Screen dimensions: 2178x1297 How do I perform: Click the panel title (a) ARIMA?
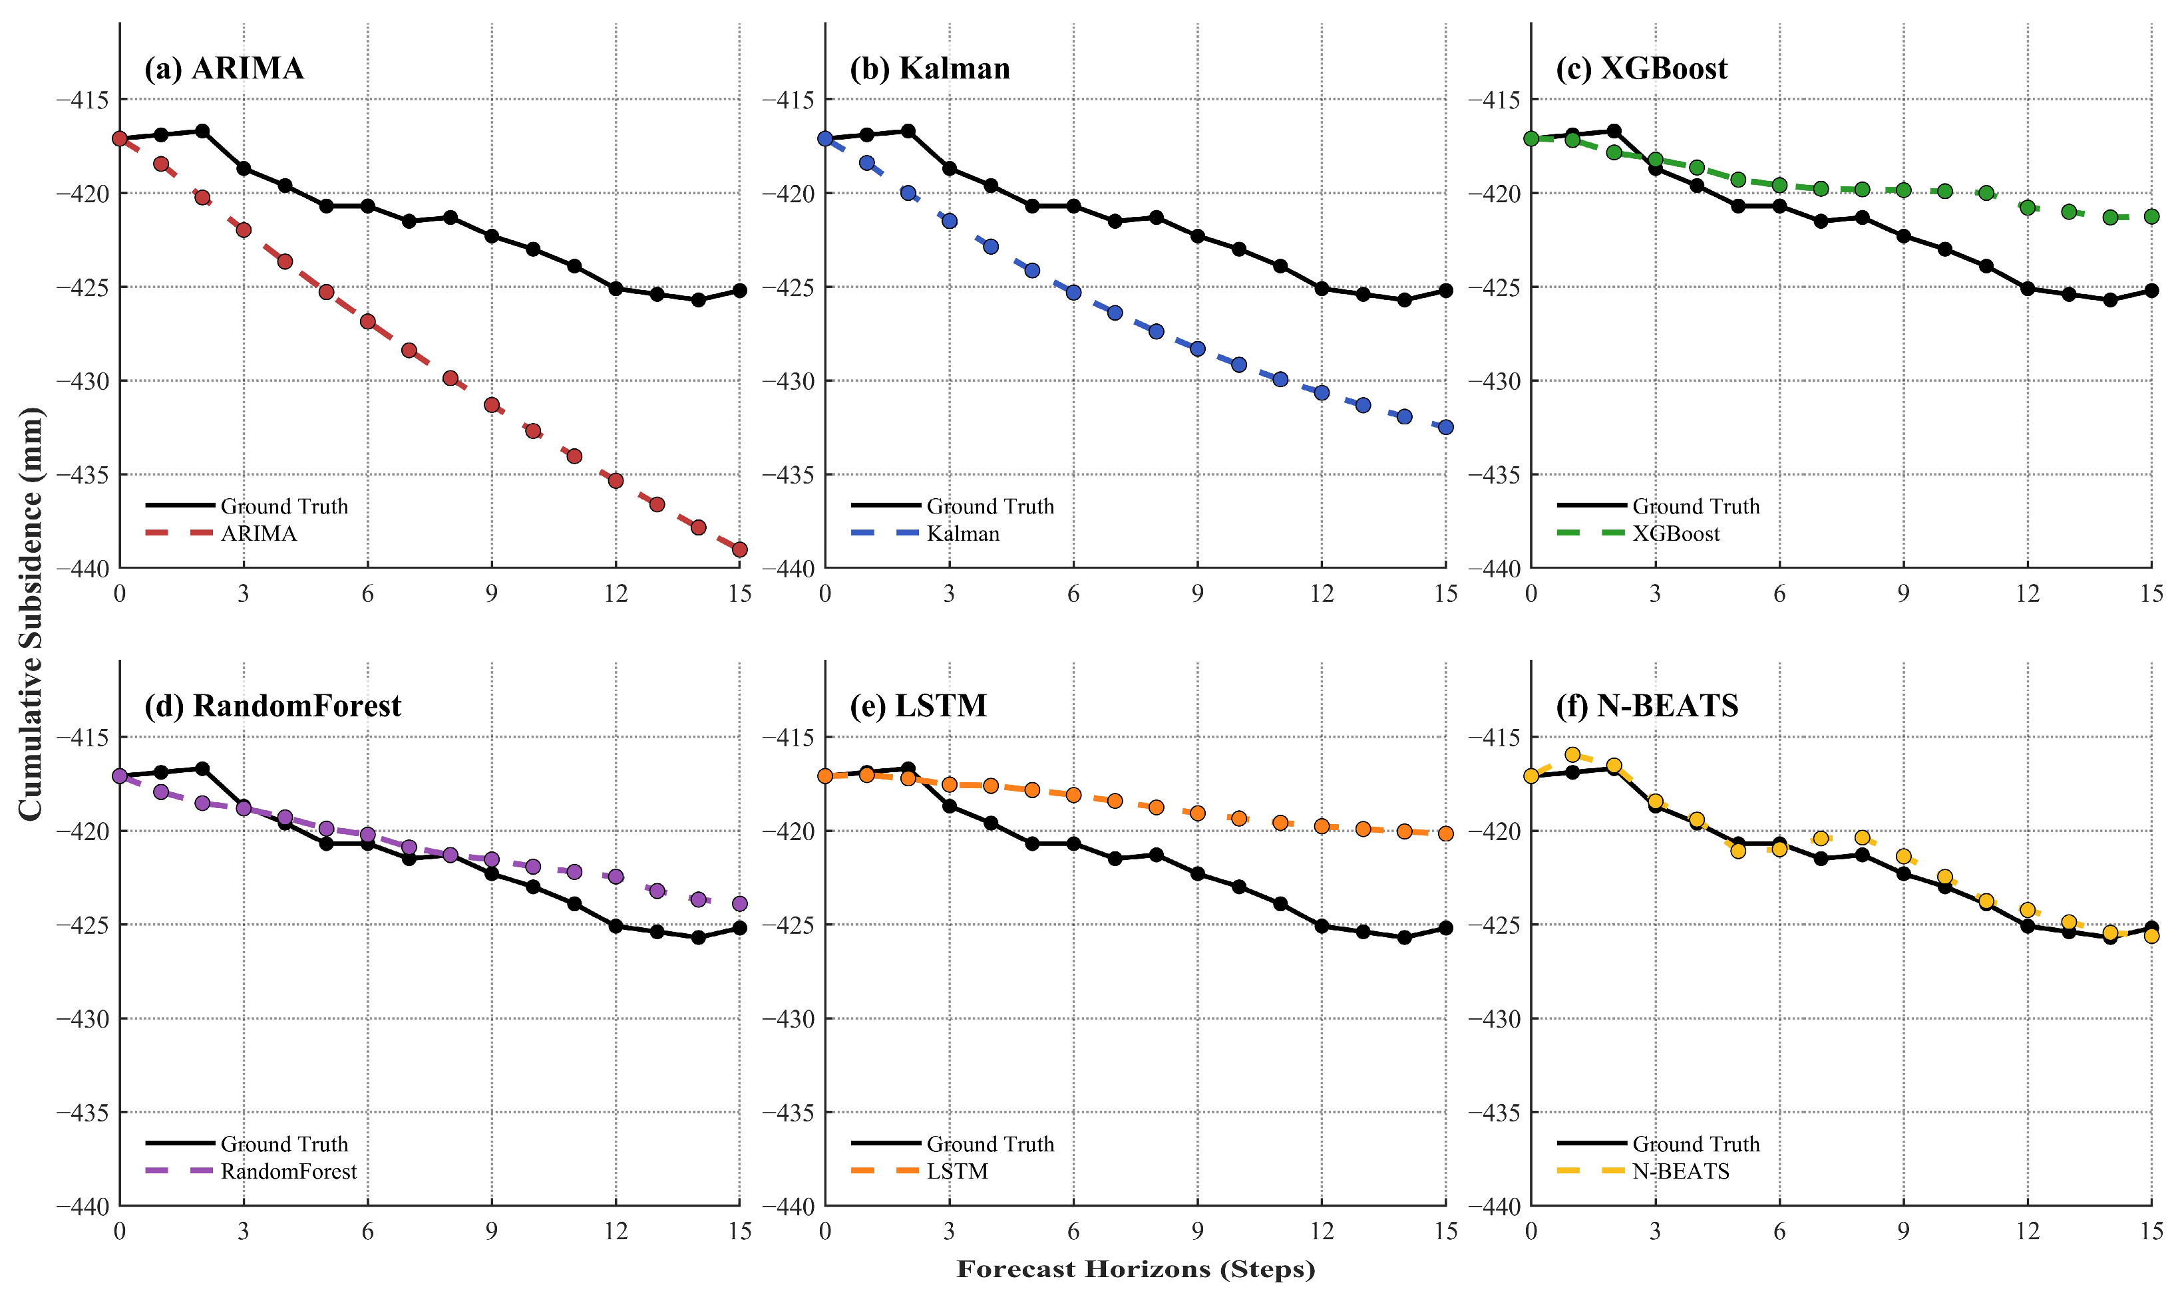point(224,68)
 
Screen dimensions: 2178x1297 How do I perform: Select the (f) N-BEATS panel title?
point(1646,705)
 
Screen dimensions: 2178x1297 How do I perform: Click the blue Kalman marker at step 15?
point(1446,426)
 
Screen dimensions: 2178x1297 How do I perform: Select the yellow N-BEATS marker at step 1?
point(1572,754)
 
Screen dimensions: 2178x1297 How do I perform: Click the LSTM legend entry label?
point(958,1171)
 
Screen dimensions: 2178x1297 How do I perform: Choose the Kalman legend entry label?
point(963,533)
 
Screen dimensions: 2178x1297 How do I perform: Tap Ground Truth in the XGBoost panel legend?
point(1696,506)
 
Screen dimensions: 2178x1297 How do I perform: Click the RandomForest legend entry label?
point(289,1171)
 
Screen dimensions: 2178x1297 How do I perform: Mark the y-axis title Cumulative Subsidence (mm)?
point(30,613)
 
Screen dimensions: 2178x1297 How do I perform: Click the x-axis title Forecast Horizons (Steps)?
point(1136,1269)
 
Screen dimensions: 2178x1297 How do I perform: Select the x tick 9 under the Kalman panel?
point(1197,595)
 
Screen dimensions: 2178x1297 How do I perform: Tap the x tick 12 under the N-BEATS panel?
point(2028,1231)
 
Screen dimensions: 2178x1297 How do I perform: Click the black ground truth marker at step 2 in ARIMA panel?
point(202,131)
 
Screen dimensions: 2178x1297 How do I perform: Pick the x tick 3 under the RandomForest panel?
point(243,1231)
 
